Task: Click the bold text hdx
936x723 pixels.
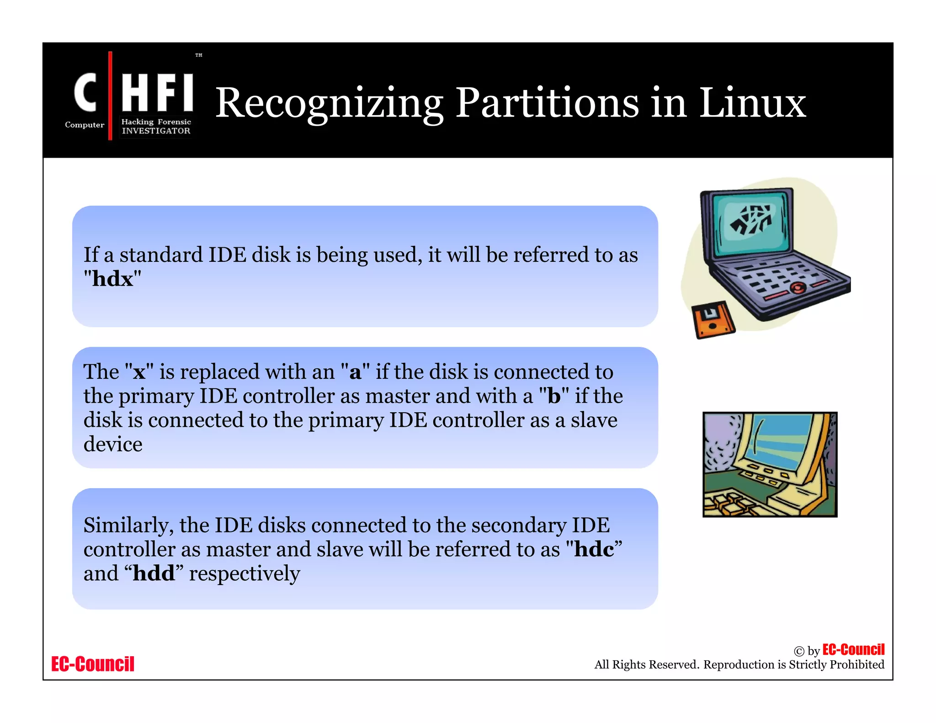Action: pyautogui.click(x=112, y=279)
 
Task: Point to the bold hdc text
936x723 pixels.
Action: pyautogui.click(x=594, y=549)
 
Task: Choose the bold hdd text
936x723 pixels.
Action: pyautogui.click(x=154, y=573)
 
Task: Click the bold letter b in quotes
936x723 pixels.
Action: pyautogui.click(x=554, y=396)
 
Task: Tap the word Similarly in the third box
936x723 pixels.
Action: pyautogui.click(x=128, y=525)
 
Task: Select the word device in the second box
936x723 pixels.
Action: pyautogui.click(x=113, y=444)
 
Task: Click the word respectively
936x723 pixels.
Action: pyautogui.click(x=245, y=573)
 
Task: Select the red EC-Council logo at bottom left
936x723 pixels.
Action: pyautogui.click(x=93, y=664)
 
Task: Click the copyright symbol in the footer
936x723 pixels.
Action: pyautogui.click(x=799, y=651)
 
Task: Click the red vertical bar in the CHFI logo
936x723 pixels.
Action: pyautogui.click(x=110, y=96)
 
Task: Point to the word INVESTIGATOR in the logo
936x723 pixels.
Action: pyautogui.click(x=156, y=131)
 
